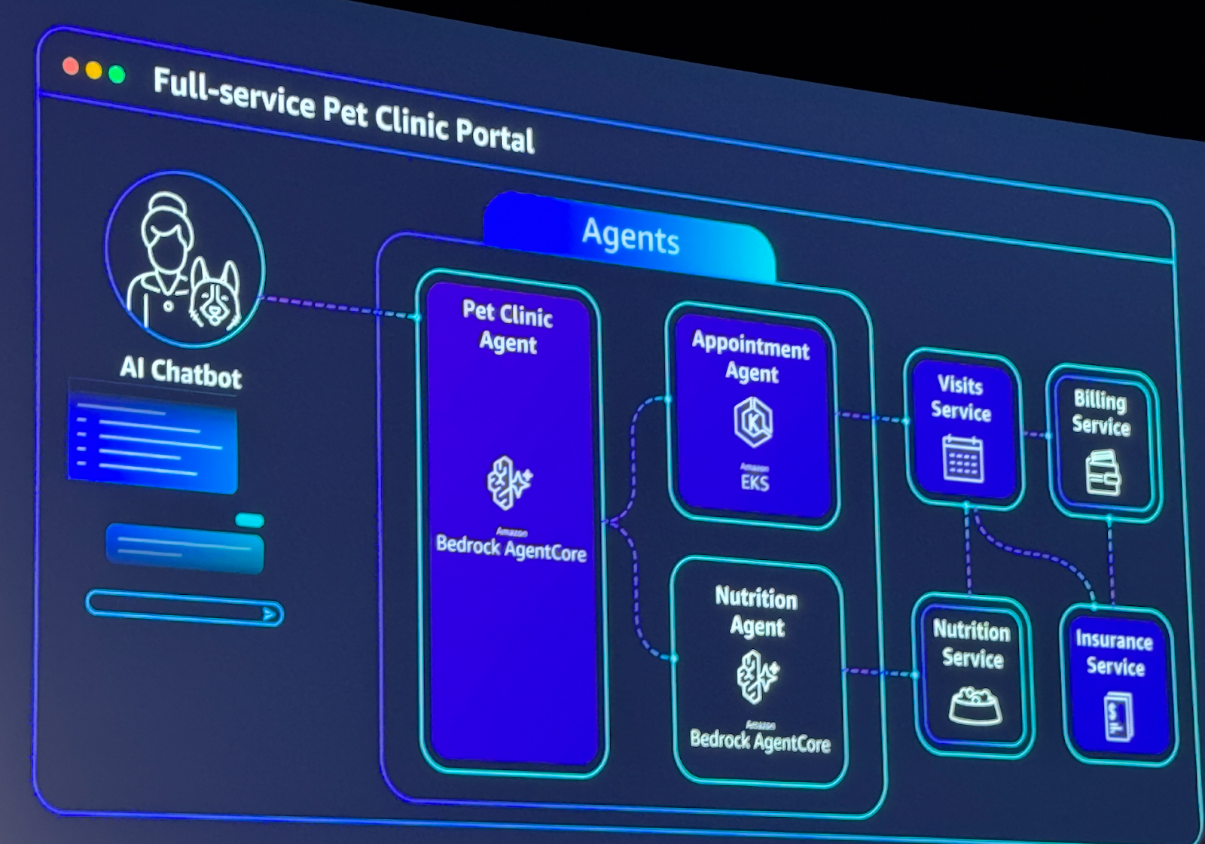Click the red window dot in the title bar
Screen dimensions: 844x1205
(71, 66)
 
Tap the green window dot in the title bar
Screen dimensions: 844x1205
(117, 74)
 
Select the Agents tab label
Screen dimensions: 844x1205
(631, 236)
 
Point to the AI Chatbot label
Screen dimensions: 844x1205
(181, 371)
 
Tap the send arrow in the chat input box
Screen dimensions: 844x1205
(270, 614)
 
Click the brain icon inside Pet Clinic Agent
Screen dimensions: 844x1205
(509, 483)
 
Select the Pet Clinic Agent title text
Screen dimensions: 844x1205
(508, 327)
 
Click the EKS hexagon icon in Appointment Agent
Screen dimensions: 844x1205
(753, 422)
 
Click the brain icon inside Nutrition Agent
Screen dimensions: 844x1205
(757, 675)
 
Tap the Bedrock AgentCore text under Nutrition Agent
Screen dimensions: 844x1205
(760, 741)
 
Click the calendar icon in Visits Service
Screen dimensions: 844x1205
(962, 459)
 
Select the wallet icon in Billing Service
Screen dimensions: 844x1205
(1103, 472)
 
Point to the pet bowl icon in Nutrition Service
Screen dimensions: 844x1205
(975, 705)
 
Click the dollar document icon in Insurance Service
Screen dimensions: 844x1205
(1118, 717)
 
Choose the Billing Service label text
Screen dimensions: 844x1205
(1101, 413)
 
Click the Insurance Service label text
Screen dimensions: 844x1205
(1115, 653)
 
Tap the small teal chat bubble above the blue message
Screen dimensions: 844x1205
(249, 520)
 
